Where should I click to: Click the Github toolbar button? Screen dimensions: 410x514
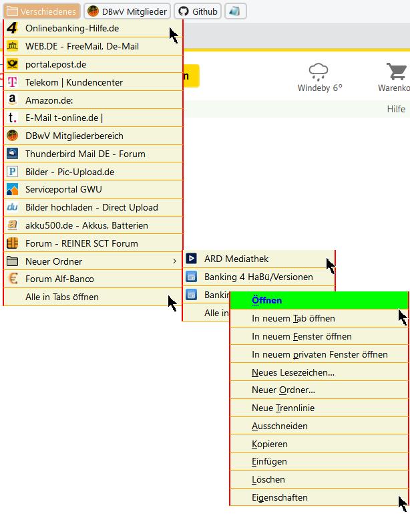[198, 11]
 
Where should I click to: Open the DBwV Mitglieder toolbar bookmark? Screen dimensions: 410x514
[127, 11]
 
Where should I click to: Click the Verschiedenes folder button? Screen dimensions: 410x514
[41, 11]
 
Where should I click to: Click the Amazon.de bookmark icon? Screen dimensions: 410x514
[12, 100]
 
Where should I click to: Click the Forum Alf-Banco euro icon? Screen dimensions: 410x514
[13, 279]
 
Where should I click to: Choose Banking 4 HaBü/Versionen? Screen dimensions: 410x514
[258, 277]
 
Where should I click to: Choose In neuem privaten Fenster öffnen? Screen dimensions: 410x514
[319, 354]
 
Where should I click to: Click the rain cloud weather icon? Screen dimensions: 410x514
[319, 72]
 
